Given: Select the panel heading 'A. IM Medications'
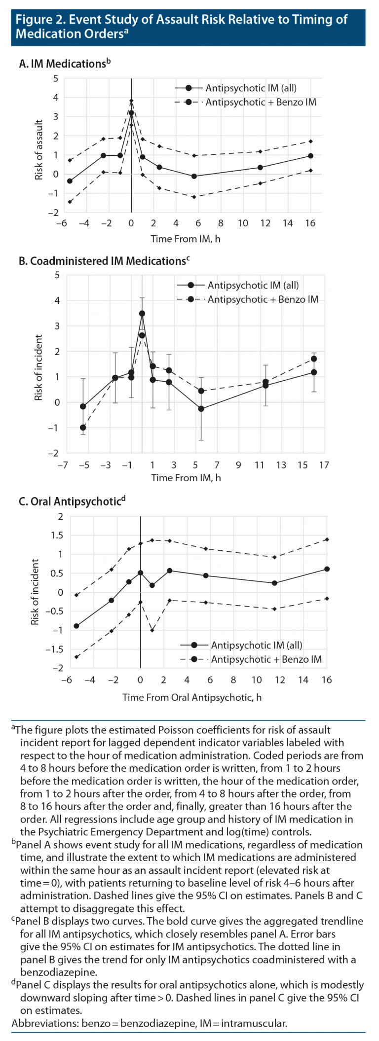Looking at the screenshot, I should [x=62, y=64].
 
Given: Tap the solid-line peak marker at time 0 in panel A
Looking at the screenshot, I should [x=131, y=113].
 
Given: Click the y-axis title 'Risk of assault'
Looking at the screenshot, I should [x=39, y=150].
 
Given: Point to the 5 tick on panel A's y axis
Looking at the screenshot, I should [x=55, y=78].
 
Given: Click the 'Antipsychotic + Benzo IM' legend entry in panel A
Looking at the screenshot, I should [x=261, y=102].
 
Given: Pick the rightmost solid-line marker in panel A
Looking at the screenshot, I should [x=310, y=156].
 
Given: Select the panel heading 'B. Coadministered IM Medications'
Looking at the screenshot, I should [x=101, y=261].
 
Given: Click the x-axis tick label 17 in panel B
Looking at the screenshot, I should [x=324, y=465].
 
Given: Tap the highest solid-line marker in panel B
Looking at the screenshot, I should [x=142, y=314].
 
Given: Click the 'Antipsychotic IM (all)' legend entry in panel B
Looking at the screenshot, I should [x=253, y=285].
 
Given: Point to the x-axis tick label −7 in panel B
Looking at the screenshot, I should [x=63, y=465].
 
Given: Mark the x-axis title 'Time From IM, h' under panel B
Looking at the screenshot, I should [x=186, y=478].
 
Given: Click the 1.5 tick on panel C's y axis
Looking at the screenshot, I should [x=57, y=536].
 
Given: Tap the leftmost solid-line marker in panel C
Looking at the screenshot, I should [x=76, y=626].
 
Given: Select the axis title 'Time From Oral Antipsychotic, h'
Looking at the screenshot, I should [x=192, y=697].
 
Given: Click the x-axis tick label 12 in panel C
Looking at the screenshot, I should [x=280, y=680].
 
